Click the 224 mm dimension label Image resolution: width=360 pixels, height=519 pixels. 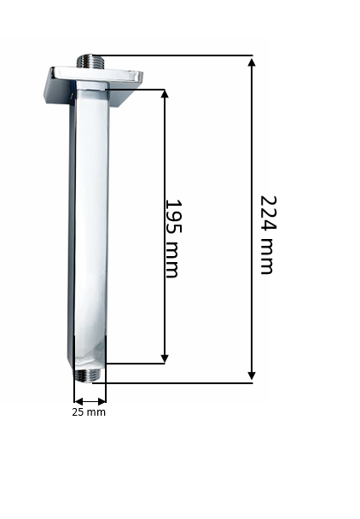(268, 235)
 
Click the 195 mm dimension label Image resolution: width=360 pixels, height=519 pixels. (173, 238)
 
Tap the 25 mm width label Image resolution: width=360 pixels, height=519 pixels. (89, 412)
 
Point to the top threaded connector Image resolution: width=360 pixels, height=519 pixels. (90, 61)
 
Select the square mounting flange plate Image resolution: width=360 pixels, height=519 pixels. (93, 87)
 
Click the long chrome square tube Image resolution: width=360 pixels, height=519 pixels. (90, 225)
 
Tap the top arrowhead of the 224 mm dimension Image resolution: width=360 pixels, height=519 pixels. (252, 63)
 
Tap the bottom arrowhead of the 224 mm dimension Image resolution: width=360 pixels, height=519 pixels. (252, 376)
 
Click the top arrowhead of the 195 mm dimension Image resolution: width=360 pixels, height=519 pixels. (165, 94)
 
